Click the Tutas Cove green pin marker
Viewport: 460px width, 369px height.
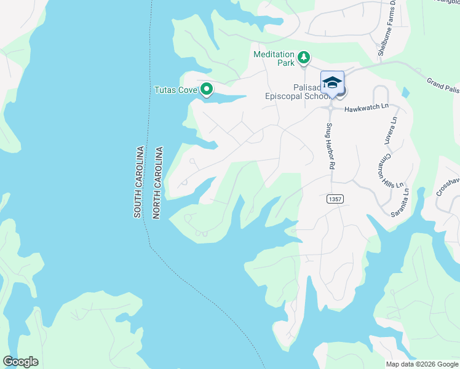(207, 90)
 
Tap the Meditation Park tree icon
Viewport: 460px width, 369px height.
(303, 58)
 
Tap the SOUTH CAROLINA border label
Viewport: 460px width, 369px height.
(138, 181)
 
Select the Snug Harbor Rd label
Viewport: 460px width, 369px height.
(330, 146)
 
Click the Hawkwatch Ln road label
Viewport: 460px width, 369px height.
(367, 107)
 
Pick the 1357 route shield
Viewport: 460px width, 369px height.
(335, 199)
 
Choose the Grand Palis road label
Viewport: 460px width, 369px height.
(443, 85)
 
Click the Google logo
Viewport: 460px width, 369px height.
(20, 362)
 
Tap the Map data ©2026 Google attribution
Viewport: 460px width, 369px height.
(422, 364)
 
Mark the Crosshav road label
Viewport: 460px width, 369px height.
(448, 183)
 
